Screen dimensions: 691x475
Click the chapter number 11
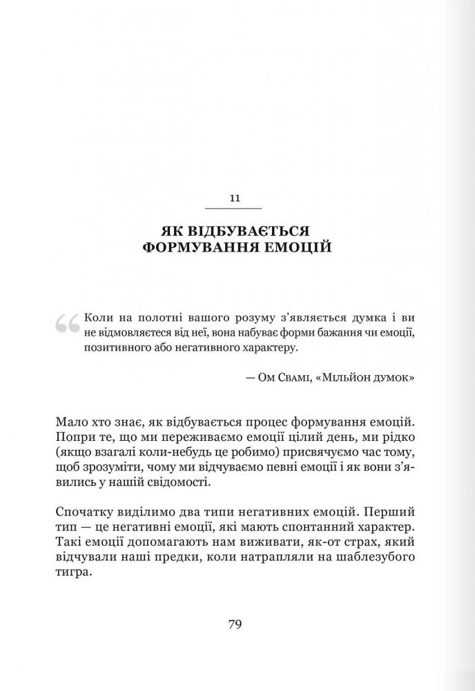234,198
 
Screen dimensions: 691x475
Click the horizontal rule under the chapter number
234,208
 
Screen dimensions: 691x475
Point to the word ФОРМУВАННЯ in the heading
199,247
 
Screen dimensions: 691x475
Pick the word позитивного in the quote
115,349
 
